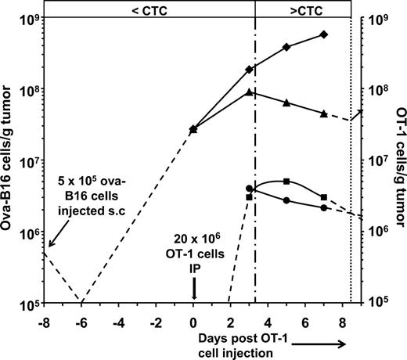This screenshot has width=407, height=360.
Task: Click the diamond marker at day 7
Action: [324, 34]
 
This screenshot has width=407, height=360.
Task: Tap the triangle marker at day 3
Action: [249, 92]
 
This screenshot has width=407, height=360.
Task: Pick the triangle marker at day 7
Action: [324, 113]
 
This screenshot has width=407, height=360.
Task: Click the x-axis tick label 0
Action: [193, 321]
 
